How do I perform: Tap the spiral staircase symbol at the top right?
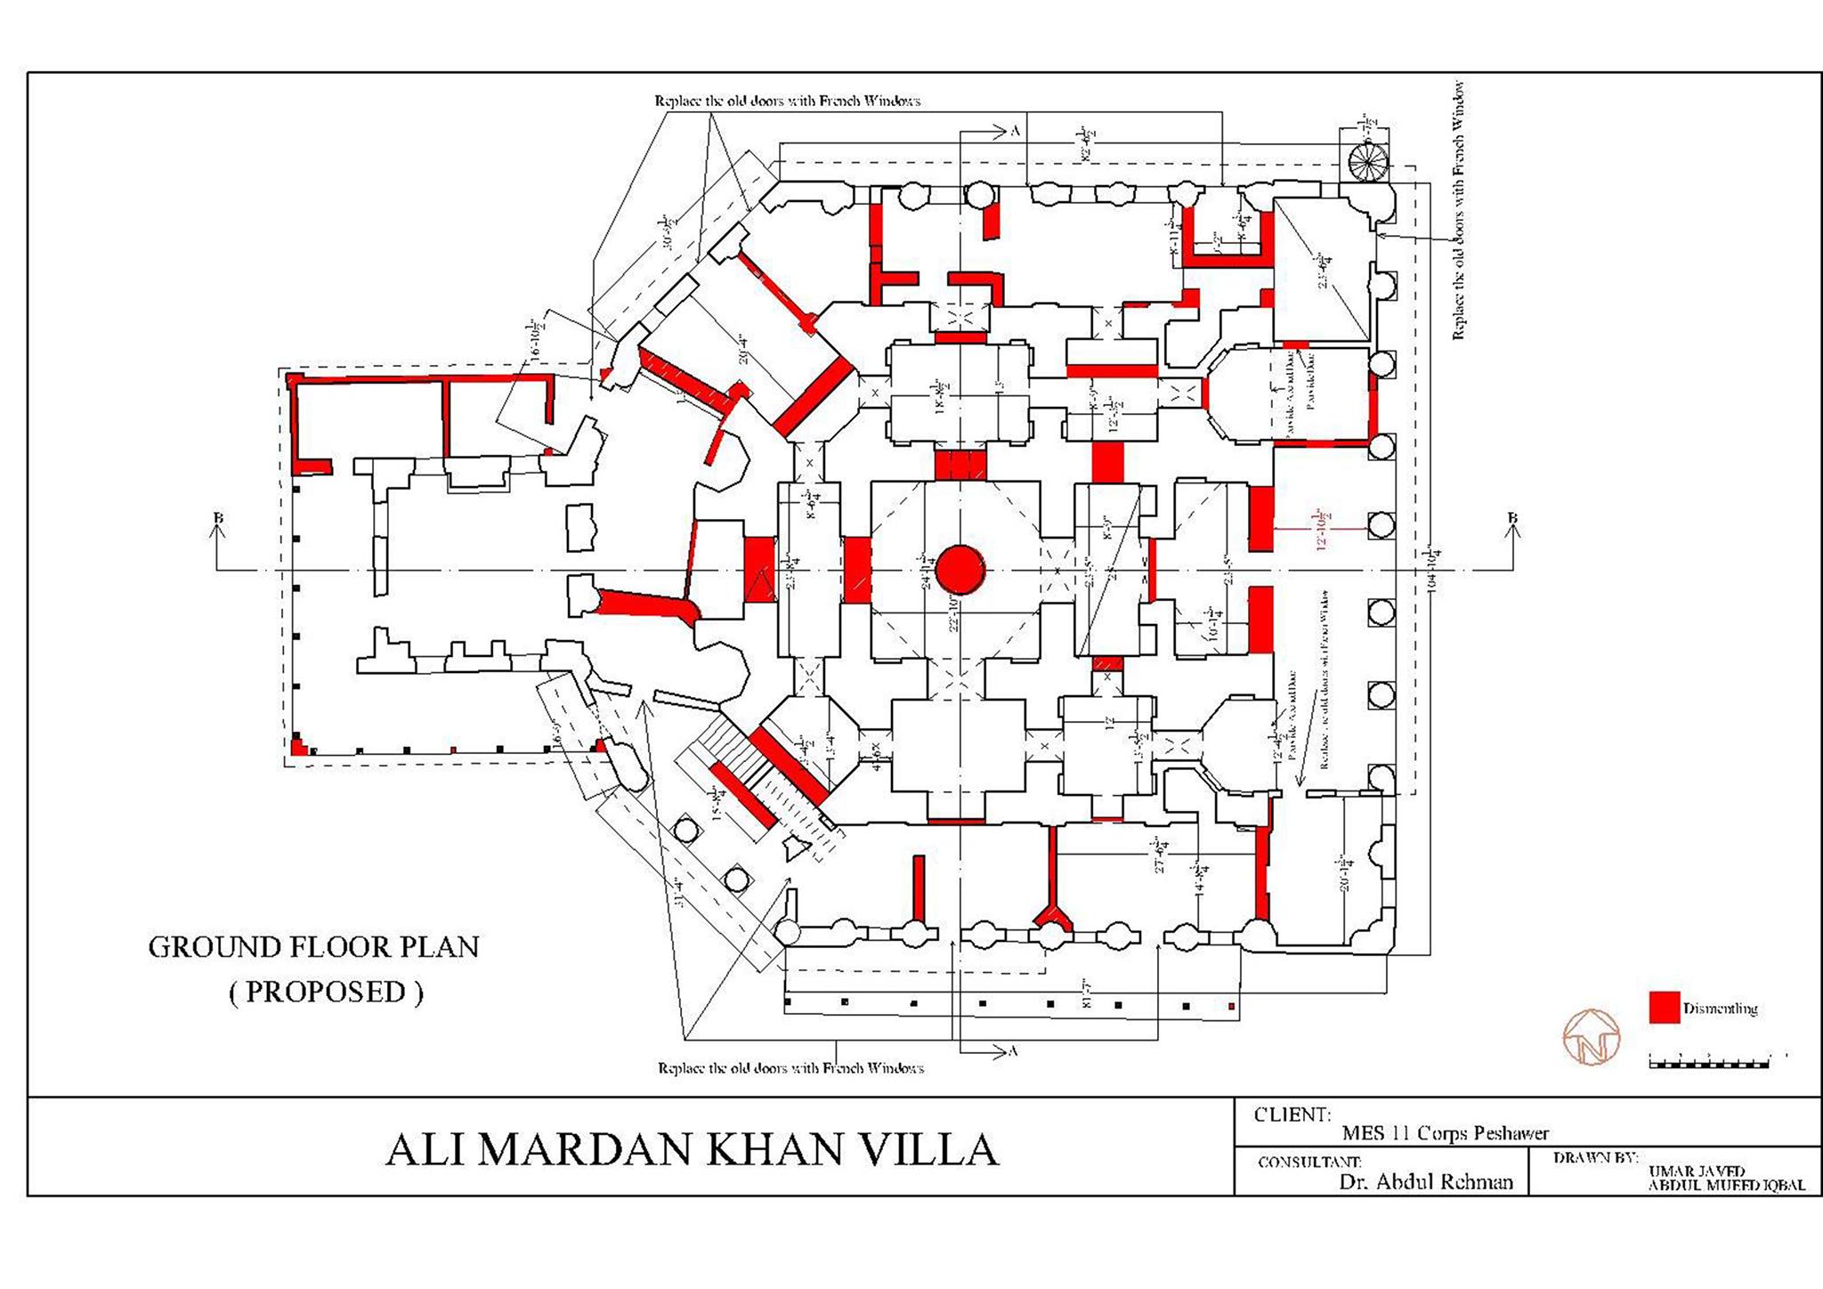point(1367,161)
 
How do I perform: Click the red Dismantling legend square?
point(1664,1008)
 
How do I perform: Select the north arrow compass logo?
point(1591,1036)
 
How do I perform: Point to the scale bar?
point(1709,1061)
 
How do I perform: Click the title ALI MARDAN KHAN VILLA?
point(693,1149)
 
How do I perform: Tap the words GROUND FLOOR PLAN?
point(313,947)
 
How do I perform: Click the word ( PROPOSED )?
point(326,992)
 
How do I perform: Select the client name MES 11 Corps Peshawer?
point(1445,1133)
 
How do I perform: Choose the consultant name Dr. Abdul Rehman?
point(1425,1181)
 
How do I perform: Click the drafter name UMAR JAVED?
point(1696,1171)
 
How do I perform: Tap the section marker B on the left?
point(218,518)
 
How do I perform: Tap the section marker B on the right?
point(1511,518)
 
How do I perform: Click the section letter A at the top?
point(1014,131)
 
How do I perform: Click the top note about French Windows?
point(787,101)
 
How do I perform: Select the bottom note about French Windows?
point(790,1067)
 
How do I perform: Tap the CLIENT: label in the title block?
point(1292,1115)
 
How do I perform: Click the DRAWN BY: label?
point(1594,1158)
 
